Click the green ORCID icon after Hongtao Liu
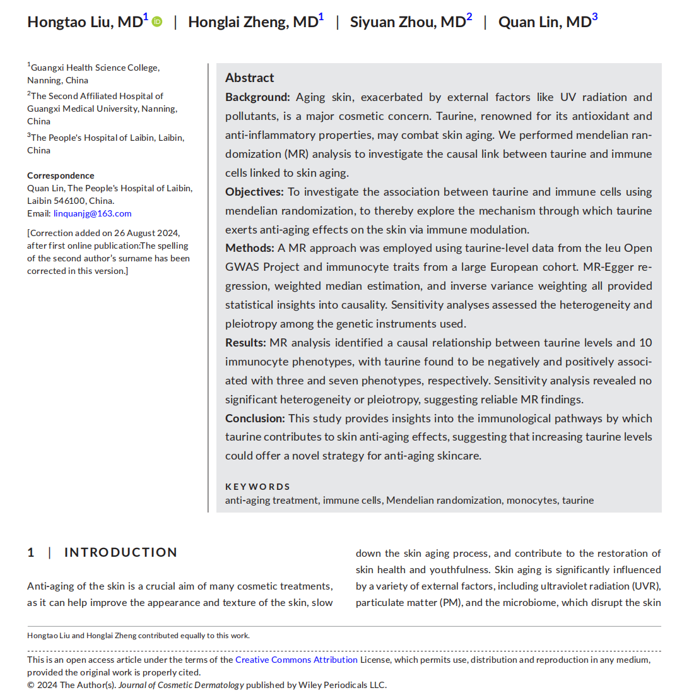(157, 21)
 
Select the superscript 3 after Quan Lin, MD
(594, 17)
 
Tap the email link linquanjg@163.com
(92, 213)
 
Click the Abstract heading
(249, 78)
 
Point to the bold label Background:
(257, 97)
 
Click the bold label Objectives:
(254, 192)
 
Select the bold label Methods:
(250, 248)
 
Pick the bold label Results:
(245, 343)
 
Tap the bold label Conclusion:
(255, 419)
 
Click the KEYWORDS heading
(257, 487)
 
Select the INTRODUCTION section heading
(121, 552)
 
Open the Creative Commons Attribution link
(297, 660)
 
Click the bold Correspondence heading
(61, 175)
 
